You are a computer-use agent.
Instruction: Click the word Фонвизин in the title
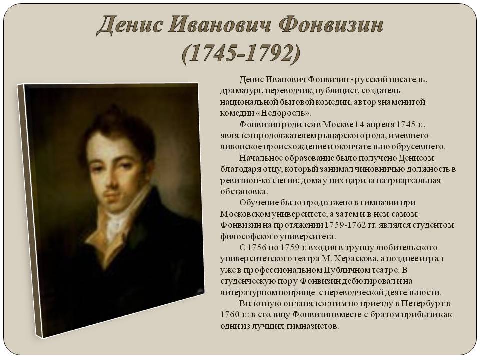coord(331,25)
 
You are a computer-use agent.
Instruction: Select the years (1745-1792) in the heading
coord(241,54)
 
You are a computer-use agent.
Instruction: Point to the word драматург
coord(241,91)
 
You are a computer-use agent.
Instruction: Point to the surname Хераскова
coord(355,259)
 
